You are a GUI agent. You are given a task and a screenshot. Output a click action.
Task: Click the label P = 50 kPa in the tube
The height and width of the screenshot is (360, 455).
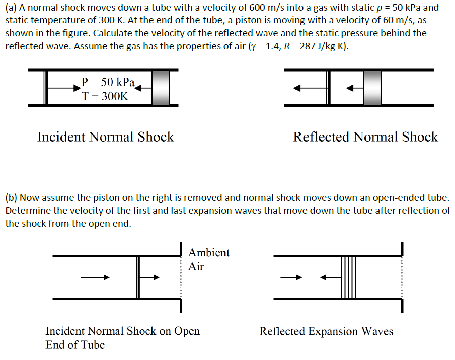[108, 82]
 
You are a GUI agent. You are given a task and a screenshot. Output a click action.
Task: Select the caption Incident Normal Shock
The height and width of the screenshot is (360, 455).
[105, 137]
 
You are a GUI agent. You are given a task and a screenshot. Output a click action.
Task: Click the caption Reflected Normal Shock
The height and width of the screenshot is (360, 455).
[365, 137]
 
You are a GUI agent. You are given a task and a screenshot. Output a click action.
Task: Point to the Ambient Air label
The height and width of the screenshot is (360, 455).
[209, 259]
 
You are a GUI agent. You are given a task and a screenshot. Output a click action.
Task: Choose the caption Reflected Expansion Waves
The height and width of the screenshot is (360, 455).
[326, 331]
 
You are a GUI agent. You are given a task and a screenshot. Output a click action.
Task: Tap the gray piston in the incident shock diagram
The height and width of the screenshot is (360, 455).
[161, 88]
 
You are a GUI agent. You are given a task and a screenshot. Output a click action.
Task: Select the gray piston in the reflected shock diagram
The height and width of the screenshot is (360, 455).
[372, 88]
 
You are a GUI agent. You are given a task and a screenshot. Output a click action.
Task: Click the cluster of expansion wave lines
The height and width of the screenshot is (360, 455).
[348, 277]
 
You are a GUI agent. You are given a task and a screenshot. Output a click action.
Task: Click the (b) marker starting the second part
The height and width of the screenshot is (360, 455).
[11, 198]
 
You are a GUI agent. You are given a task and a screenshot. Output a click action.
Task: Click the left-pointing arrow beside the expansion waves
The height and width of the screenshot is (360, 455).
[330, 277]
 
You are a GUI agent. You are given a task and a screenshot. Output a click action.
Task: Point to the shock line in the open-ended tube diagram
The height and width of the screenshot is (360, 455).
[138, 277]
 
